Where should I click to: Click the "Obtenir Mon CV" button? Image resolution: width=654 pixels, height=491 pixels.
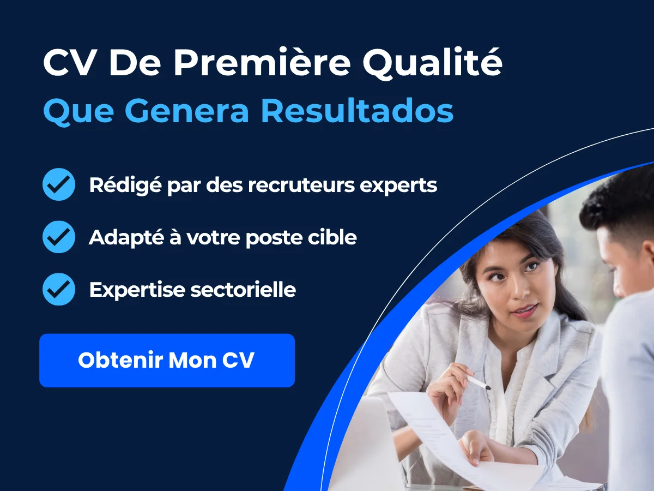click(x=167, y=360)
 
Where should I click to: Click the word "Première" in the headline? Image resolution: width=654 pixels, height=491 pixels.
click(x=262, y=63)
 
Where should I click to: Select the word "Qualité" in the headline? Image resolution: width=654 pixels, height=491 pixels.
click(x=432, y=64)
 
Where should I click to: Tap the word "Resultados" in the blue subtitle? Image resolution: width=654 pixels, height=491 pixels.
click(x=357, y=111)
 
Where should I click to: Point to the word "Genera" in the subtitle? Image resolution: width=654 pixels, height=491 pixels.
click(x=186, y=111)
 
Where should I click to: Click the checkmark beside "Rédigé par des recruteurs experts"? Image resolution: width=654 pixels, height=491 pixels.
click(x=59, y=184)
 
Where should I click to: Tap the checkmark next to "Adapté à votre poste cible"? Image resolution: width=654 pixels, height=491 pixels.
click(x=59, y=237)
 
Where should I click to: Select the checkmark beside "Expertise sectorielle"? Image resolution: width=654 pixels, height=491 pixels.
click(x=59, y=290)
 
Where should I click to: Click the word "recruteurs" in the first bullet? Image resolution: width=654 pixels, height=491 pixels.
click(x=301, y=185)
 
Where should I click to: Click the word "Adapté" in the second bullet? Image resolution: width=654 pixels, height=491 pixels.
click(x=126, y=238)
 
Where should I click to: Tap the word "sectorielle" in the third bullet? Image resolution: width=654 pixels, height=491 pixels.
click(x=243, y=290)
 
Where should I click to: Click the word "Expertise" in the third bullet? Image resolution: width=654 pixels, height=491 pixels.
click(x=137, y=290)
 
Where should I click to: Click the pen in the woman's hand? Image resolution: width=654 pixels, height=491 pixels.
click(x=478, y=382)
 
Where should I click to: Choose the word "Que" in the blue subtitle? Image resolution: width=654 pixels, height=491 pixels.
click(x=78, y=112)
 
